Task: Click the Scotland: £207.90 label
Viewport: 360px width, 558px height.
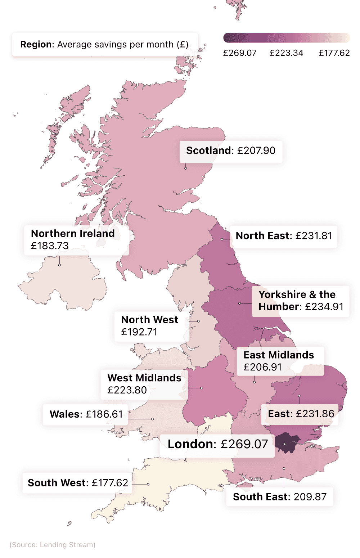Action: point(231,150)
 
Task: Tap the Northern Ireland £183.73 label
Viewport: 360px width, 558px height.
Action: point(73,239)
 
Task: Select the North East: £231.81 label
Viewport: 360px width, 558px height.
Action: point(284,236)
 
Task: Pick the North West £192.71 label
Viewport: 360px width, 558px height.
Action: point(150,326)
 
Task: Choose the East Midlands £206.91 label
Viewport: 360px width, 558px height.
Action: point(279,361)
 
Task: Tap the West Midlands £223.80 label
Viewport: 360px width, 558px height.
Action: point(144,384)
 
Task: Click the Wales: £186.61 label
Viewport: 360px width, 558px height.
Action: point(86,414)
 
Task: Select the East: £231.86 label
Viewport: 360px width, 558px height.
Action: point(301,414)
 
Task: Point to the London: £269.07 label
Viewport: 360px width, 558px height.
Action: point(217,444)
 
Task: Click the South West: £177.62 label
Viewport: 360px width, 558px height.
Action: point(78,483)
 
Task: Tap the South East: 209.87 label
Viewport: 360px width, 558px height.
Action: point(280,497)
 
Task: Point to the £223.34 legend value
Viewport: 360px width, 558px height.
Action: point(286,53)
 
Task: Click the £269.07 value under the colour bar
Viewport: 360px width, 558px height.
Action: point(240,53)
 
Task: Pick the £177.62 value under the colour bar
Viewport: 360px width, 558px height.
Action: point(334,53)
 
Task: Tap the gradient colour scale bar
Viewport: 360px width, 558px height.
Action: point(287,38)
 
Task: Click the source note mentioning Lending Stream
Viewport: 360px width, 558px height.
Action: point(53,545)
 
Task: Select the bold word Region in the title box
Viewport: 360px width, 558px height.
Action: point(36,44)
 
